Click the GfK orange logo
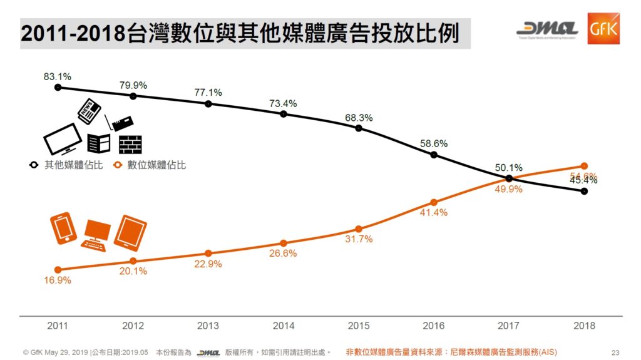pyautogui.click(x=603, y=29)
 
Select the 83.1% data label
pyautogui.click(x=58, y=76)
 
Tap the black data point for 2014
pyautogui.click(x=284, y=114)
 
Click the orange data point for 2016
pyautogui.click(x=434, y=202)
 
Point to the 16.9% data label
pyautogui.click(x=58, y=280)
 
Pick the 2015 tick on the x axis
pyautogui.click(x=359, y=326)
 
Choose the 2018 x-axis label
pyautogui.click(x=584, y=326)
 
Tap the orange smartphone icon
pyautogui.click(x=64, y=228)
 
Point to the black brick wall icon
pyautogui.click(x=130, y=144)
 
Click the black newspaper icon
pyautogui.click(x=88, y=111)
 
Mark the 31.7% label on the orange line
pyautogui.click(x=359, y=239)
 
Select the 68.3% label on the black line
pyautogui.click(x=359, y=117)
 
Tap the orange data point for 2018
pyautogui.click(x=584, y=166)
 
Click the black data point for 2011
pyautogui.click(x=58, y=88)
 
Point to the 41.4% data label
pyautogui.click(x=434, y=213)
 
